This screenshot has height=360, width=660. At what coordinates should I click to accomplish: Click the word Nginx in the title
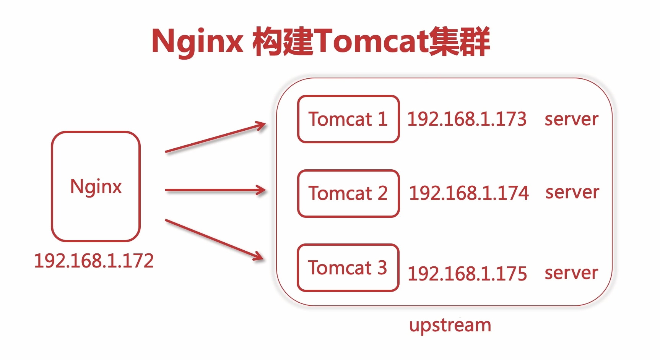coord(197,41)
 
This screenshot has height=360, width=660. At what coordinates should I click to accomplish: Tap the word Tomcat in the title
coord(371,41)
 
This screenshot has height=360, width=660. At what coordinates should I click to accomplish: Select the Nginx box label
coord(96,186)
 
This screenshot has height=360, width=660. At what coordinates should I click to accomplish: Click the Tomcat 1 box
coord(348,119)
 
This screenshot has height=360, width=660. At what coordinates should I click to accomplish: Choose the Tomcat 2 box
coord(348,193)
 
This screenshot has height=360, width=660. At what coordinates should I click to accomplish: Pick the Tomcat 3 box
coord(348,268)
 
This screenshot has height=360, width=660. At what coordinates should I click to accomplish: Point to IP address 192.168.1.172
coord(94,261)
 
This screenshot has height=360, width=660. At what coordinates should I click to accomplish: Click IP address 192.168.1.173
coord(467,119)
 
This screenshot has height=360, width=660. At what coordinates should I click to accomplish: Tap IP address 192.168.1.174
coord(469,193)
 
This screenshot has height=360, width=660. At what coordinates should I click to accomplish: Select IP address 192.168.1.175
coord(467,274)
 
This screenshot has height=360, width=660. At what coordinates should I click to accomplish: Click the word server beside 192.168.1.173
coord(571,119)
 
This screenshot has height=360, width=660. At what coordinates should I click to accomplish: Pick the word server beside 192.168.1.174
coord(572,192)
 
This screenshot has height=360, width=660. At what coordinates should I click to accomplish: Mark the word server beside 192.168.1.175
coord(571,273)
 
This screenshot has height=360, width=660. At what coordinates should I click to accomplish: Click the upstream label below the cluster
coord(450,325)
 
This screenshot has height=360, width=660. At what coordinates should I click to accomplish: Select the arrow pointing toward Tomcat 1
coord(215,138)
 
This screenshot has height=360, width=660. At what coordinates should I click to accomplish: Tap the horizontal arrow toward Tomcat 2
coord(215,190)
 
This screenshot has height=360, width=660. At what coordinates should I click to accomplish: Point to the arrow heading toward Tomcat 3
coord(214,239)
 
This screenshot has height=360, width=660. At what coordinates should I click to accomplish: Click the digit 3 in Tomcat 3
coord(382,268)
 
